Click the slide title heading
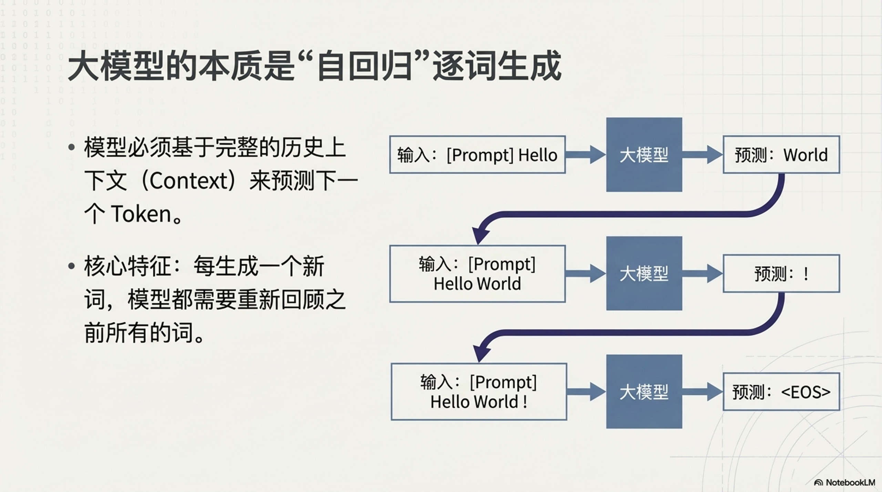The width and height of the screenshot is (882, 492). pyautogui.click(x=314, y=66)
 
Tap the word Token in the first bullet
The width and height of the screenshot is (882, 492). pyautogui.click(x=141, y=214)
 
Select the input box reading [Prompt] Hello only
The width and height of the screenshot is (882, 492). pyautogui.click(x=477, y=155)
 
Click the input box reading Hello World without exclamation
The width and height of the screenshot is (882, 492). pyautogui.click(x=477, y=274)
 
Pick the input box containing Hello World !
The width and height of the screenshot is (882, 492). pyautogui.click(x=479, y=392)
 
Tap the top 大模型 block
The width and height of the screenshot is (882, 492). pyautogui.click(x=644, y=155)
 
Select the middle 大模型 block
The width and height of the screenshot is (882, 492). pyautogui.click(x=644, y=274)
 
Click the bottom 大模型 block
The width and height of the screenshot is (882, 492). pyautogui.click(x=644, y=392)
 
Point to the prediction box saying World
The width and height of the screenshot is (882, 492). pyautogui.click(x=781, y=155)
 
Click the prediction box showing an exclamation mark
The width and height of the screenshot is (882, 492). pyautogui.click(x=781, y=274)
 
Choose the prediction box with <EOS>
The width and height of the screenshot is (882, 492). pyautogui.click(x=781, y=392)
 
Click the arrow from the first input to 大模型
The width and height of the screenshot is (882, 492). pyautogui.click(x=585, y=155)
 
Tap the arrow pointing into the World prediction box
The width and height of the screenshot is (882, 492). pyautogui.click(x=702, y=155)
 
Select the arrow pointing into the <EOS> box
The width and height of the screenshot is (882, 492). pyautogui.click(x=702, y=392)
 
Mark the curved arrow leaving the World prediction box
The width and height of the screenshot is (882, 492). pyautogui.click(x=620, y=214)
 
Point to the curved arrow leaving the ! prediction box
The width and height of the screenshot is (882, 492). pyautogui.click(x=620, y=333)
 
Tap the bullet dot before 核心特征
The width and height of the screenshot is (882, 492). pyautogui.click(x=72, y=266)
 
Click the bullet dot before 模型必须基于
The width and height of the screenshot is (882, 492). pyautogui.click(x=72, y=147)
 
